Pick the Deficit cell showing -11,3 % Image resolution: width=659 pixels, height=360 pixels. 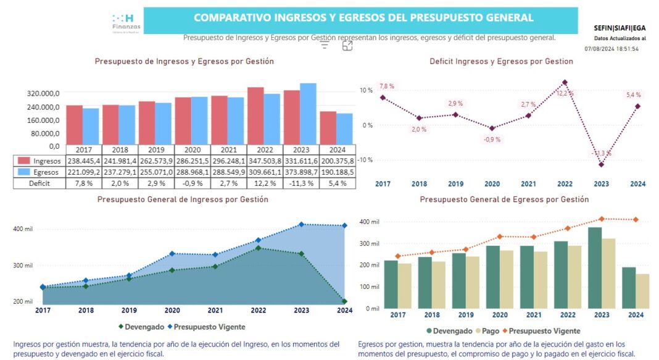tap(301, 183)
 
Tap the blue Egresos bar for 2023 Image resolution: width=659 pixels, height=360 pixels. tap(308, 114)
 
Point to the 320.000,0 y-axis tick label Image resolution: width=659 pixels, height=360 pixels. tap(43, 93)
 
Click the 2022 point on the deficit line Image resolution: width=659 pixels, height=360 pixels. tap(564, 82)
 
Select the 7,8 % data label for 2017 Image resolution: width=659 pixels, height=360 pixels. tap(386, 86)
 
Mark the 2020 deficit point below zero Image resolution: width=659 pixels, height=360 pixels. tap(492, 128)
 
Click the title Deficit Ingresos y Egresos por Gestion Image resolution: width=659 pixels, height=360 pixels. tap(501, 62)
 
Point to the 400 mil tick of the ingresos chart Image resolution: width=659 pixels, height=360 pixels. tap(23, 229)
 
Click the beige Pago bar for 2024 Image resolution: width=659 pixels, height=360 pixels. tap(642, 291)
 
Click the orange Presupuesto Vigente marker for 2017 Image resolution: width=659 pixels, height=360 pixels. tap(398, 256)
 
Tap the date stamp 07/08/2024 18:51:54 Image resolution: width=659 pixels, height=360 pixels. tap(611, 48)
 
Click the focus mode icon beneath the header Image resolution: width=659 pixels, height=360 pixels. tap(347, 46)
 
